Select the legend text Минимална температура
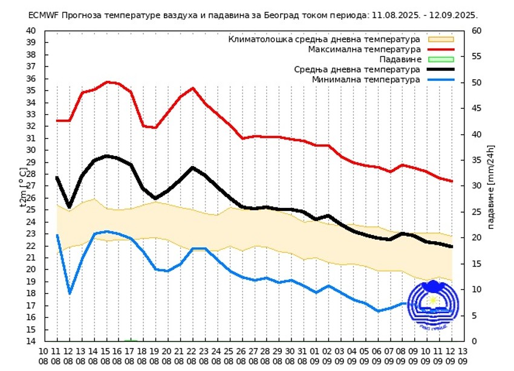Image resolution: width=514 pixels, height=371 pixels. pyautogui.click(x=366, y=80)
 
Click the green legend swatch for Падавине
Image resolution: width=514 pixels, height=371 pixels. pyautogui.click(x=440, y=59)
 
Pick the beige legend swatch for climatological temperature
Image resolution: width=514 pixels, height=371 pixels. pyautogui.click(x=440, y=39)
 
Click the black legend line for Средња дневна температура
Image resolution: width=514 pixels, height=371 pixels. pyautogui.click(x=440, y=69)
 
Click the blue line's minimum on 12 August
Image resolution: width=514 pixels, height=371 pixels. pyautogui.click(x=70, y=293)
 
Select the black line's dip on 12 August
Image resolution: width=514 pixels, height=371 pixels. pyautogui.click(x=70, y=207)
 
